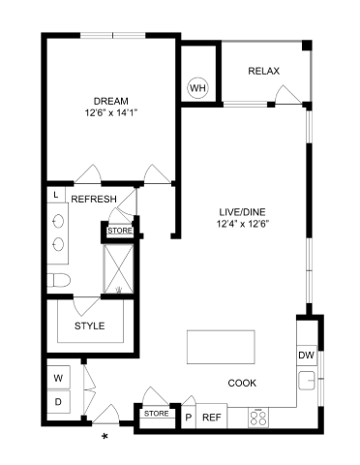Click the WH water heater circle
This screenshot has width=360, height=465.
[197, 88]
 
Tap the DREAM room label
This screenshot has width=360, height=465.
[111, 101]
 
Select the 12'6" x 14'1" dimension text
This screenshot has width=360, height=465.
[111, 113]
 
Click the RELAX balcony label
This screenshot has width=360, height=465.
[263, 71]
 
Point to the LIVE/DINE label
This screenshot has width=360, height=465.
[242, 212]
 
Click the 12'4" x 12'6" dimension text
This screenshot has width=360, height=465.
[243, 224]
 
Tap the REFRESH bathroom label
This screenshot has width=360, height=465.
[94, 199]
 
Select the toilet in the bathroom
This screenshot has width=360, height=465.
[59, 280]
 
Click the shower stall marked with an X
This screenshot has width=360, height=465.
[118, 268]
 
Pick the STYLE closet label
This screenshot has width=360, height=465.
[90, 325]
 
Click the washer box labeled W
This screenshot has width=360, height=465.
[58, 378]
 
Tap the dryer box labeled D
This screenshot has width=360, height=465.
[58, 402]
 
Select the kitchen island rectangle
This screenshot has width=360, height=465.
[221, 347]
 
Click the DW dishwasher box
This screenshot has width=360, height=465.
[306, 356]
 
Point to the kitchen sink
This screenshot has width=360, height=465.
[307, 381]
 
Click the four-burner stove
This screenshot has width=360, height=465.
[258, 418]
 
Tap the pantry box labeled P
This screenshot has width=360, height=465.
[189, 417]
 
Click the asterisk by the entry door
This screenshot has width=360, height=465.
[105, 436]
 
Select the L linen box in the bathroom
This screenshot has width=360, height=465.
[56, 195]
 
